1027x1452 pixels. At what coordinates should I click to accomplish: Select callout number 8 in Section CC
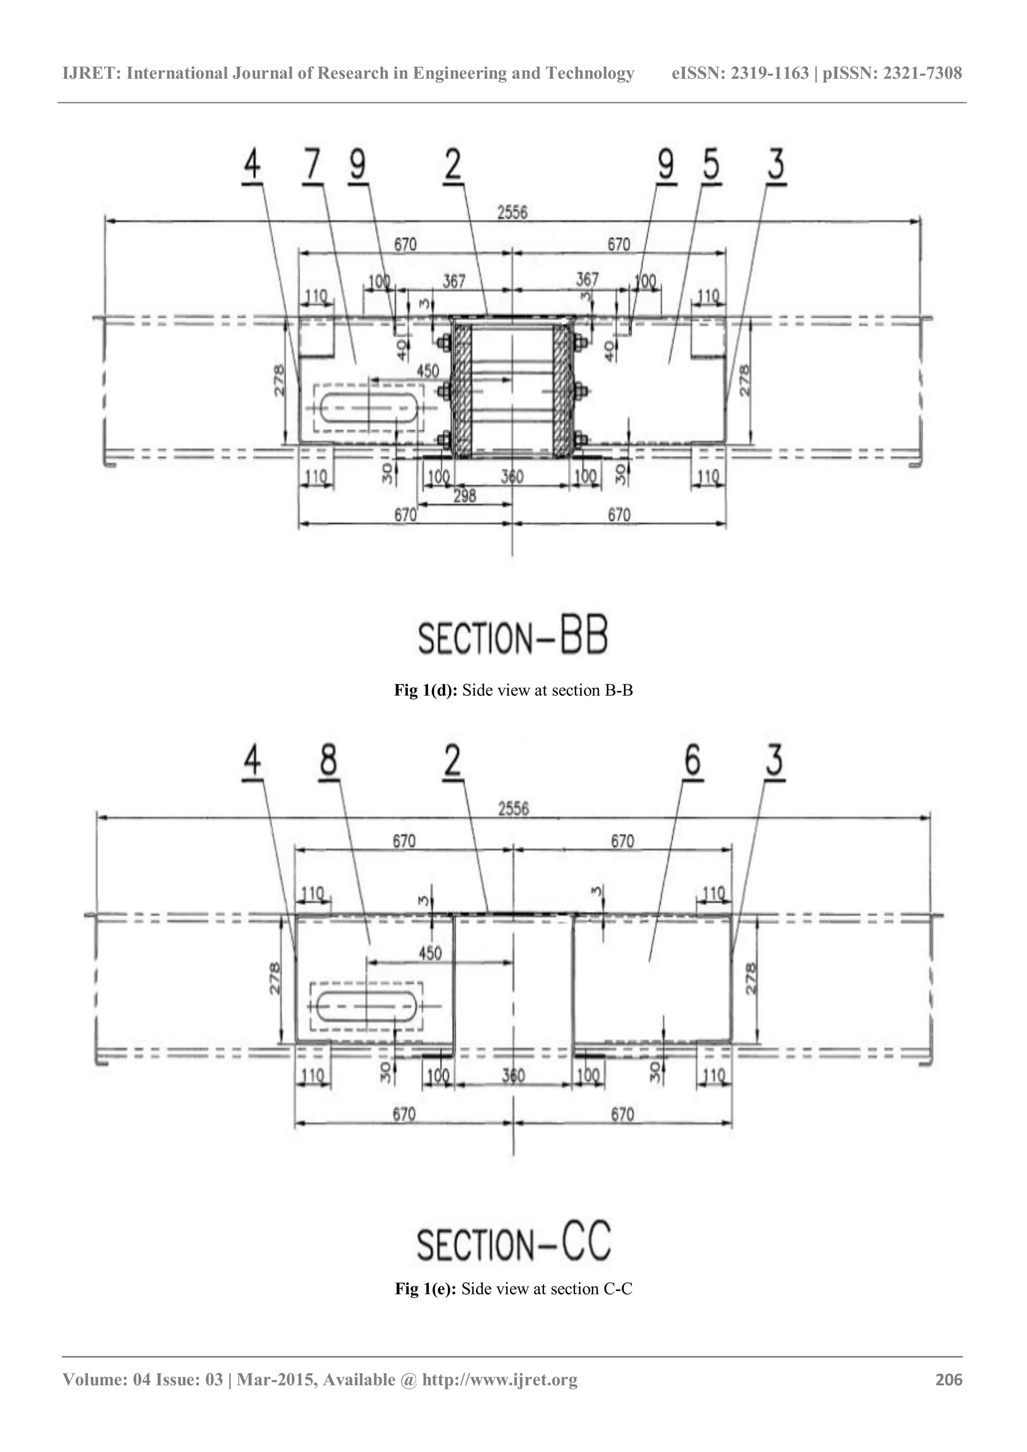pyautogui.click(x=328, y=760)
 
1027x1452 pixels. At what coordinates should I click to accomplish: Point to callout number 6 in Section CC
pyautogui.click(x=693, y=760)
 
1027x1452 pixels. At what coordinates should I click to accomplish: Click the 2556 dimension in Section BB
pyautogui.click(x=511, y=213)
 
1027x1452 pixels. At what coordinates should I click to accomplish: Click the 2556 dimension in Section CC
pyautogui.click(x=513, y=809)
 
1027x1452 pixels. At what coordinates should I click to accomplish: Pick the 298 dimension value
pyautogui.click(x=464, y=496)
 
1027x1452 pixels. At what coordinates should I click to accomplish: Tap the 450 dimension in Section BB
pyautogui.click(x=427, y=371)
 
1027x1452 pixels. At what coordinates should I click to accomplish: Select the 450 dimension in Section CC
pyautogui.click(x=430, y=953)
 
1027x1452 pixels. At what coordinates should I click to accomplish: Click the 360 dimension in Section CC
pyautogui.click(x=513, y=1076)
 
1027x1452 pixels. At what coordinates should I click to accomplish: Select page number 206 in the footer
pyautogui.click(x=949, y=1379)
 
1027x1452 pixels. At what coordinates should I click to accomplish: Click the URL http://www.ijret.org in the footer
pyautogui.click(x=499, y=1379)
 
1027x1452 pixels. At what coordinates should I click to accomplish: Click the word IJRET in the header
pyautogui.click(x=91, y=73)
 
